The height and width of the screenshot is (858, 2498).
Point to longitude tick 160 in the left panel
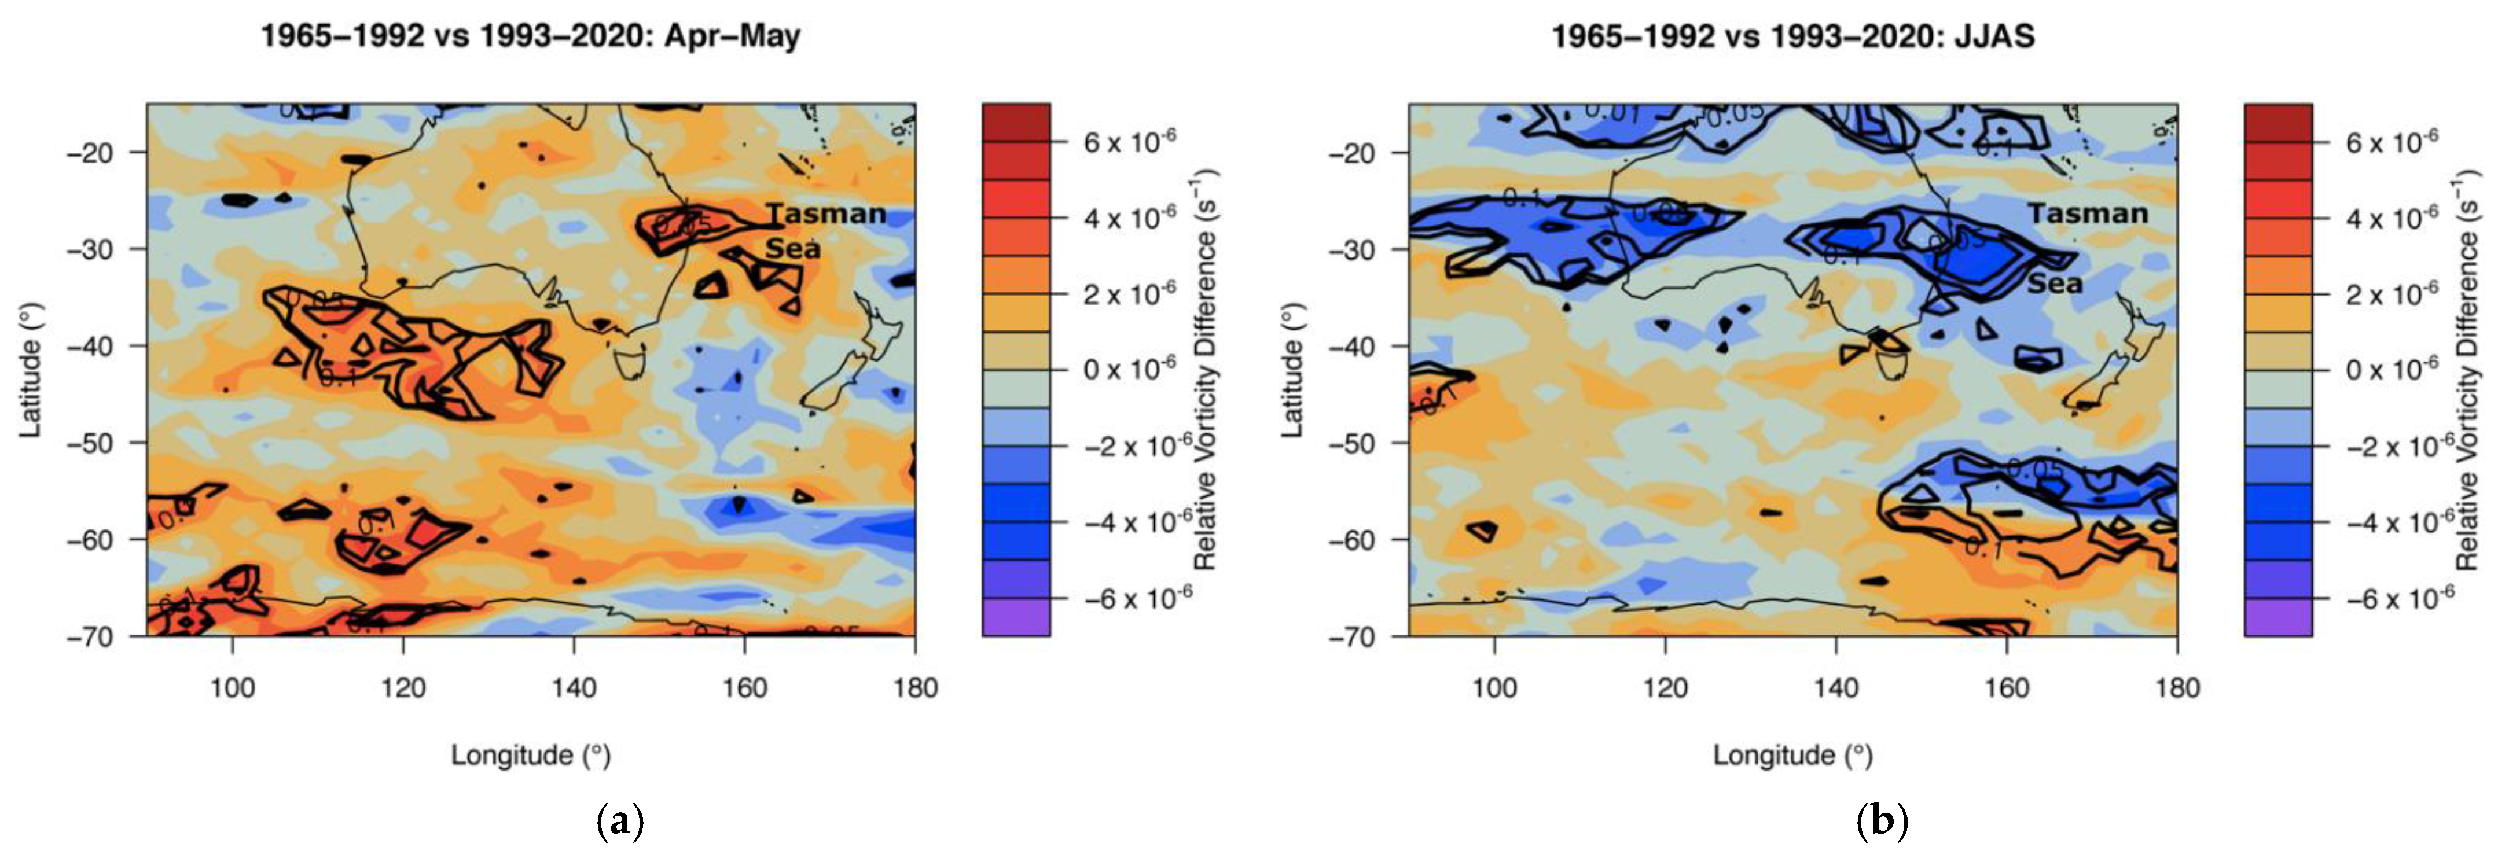click(x=745, y=688)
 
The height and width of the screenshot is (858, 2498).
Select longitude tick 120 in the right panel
click(x=1665, y=688)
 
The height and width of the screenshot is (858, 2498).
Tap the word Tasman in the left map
click(x=826, y=213)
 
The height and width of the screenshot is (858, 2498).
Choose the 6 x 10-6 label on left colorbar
click(x=1130, y=142)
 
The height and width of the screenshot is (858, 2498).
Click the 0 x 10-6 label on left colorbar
click(x=1130, y=369)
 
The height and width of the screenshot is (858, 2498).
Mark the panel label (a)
click(x=620, y=822)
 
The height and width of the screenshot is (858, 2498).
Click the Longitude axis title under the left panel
click(x=530, y=755)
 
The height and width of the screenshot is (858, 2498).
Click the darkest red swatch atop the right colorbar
click(x=2278, y=122)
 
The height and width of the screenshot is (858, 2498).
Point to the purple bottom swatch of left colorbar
click(x=1015, y=617)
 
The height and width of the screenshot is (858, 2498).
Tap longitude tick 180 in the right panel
click(x=2177, y=688)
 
